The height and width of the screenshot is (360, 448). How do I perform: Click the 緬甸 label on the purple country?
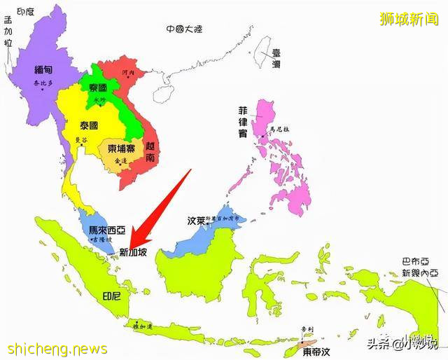tap(46, 69)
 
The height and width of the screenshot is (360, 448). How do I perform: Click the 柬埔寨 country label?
tap(121, 148)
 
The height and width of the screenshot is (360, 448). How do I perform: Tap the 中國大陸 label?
tap(184, 29)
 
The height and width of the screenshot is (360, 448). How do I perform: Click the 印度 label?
tap(25, 12)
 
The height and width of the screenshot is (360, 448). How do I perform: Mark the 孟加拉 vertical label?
tap(8, 42)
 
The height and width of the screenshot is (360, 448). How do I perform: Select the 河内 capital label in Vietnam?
tap(126, 72)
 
